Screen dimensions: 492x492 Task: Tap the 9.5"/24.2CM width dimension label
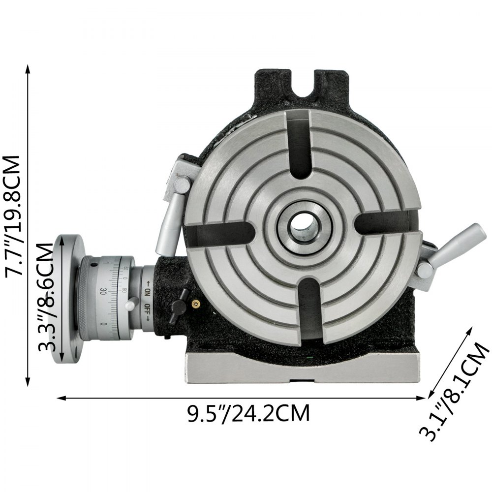click(249, 413)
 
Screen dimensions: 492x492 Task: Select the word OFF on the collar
click(147, 310)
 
